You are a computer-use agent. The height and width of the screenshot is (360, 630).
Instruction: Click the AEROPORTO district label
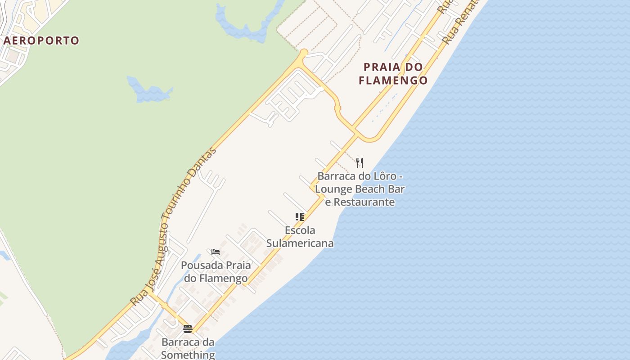(x=41, y=40)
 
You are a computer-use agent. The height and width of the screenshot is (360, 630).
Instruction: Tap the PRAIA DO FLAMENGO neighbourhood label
(x=394, y=74)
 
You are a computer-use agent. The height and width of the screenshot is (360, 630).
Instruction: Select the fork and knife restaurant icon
(x=359, y=162)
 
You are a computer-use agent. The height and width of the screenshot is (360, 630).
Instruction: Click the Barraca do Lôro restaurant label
(x=360, y=189)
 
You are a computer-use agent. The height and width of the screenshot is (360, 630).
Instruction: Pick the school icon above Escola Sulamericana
(x=300, y=217)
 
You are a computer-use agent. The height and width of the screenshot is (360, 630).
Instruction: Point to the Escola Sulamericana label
(x=300, y=237)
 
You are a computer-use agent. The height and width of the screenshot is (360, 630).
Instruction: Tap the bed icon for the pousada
(x=216, y=252)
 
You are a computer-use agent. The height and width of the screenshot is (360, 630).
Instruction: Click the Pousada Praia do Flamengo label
(x=216, y=272)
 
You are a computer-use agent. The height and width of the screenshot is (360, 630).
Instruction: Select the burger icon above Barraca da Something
(x=188, y=329)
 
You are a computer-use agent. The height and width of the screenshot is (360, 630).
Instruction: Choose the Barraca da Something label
(x=188, y=349)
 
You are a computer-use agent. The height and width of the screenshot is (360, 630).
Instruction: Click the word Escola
(x=300, y=230)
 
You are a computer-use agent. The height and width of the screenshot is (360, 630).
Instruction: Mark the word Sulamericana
(x=300, y=243)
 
